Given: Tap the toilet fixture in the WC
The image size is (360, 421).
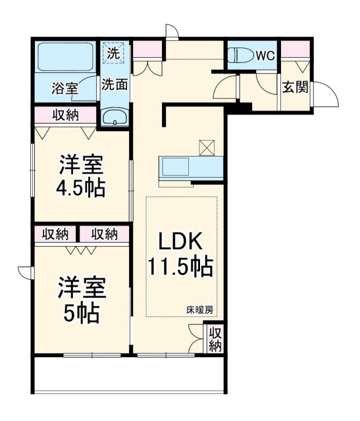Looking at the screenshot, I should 240,57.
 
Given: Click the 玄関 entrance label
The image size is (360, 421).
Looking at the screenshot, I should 295,87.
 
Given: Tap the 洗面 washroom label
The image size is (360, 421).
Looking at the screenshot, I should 114,84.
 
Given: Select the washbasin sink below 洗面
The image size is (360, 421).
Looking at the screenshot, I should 116,117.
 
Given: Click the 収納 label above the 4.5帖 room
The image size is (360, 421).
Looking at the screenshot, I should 65,115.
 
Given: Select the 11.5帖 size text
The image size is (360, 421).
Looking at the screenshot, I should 179,267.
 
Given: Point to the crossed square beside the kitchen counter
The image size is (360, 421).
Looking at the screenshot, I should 207,147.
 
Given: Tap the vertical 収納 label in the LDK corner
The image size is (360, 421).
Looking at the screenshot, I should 215,340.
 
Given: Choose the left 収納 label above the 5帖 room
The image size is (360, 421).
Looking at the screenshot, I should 56,234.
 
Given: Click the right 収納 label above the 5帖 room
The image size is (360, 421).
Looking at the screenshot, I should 104,234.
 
